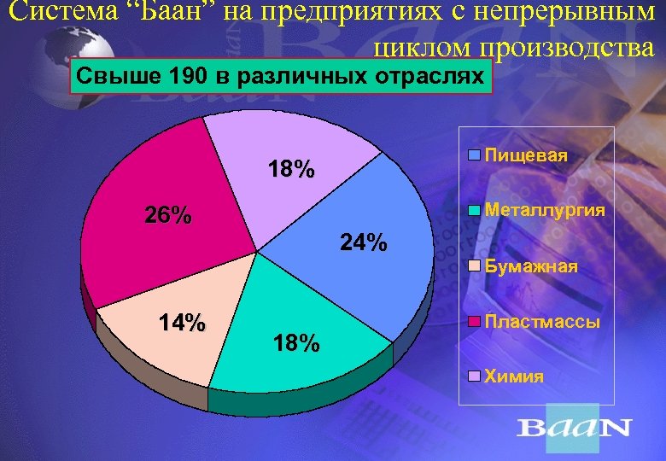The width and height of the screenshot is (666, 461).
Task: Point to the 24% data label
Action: point(363,243)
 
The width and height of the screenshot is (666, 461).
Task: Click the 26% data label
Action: point(167,215)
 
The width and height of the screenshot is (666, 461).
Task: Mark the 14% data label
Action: point(183,324)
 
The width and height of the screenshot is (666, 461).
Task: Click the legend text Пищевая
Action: point(526,157)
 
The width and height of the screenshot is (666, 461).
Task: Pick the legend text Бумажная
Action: point(531,266)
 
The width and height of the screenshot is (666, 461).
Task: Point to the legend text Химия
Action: point(514,376)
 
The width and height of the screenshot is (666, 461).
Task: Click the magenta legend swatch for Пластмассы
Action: point(475,322)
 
